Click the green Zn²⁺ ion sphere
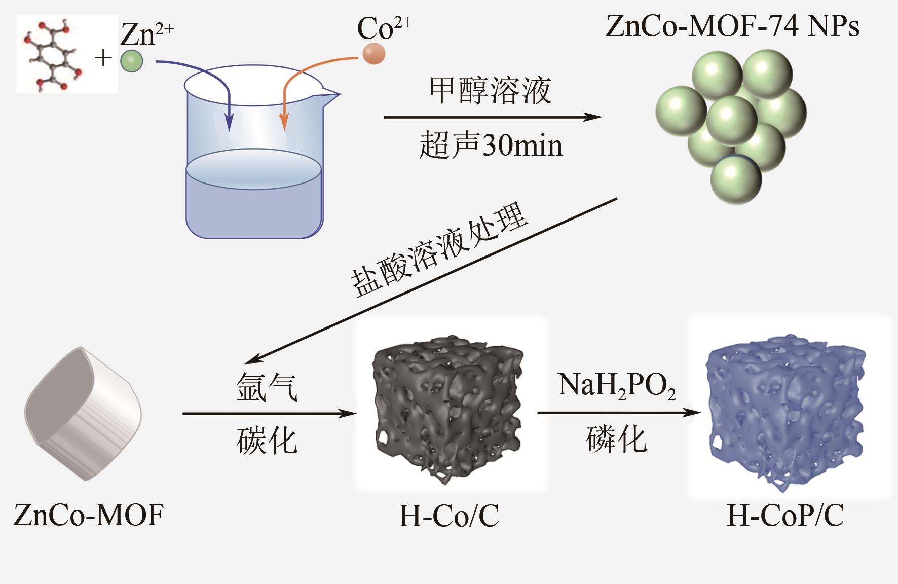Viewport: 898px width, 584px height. tap(131, 61)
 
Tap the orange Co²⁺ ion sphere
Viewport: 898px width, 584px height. tap(374, 54)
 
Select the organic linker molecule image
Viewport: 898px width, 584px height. tap(67, 54)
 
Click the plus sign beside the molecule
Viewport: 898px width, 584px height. tap(103, 58)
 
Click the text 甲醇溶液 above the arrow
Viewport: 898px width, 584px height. tap(490, 91)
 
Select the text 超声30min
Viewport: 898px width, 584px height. tap(491, 145)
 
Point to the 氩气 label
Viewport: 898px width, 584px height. tap(267, 388)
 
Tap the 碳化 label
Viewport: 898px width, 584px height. tap(267, 440)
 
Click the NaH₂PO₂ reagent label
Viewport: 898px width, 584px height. tap(616, 386)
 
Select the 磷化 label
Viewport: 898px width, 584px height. tap(616, 439)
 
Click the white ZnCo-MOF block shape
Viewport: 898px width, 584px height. tap(84, 413)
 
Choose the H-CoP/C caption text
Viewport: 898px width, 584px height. tap(785, 516)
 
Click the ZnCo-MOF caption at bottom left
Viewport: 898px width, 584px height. tap(89, 515)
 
